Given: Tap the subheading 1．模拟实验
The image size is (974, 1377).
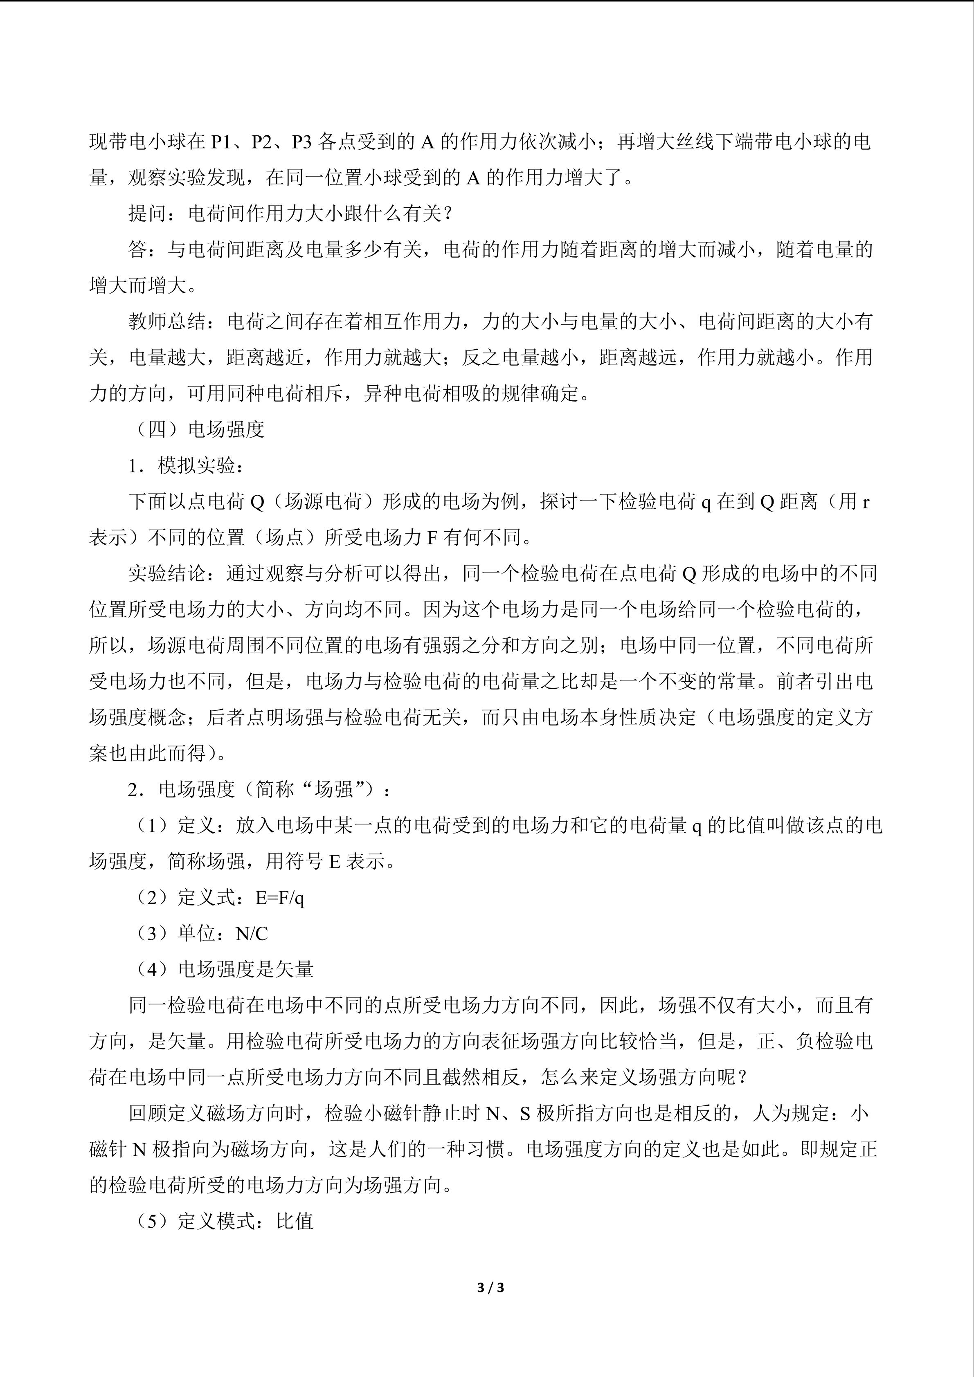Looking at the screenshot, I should pyautogui.click(x=182, y=465).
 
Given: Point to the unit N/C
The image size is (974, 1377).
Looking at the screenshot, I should pyautogui.click(x=252, y=933).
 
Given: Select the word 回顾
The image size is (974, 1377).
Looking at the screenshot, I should pyautogui.click(x=148, y=1113).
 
